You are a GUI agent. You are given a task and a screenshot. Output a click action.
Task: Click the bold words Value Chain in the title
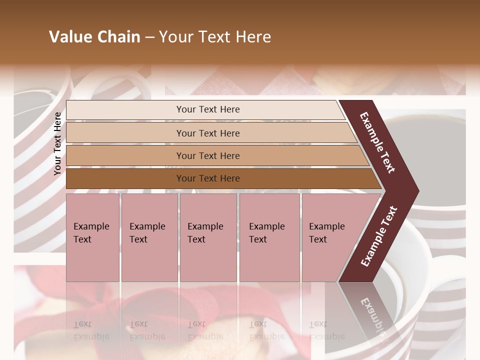point(94,37)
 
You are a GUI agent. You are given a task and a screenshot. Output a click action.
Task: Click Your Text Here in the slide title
point(215,37)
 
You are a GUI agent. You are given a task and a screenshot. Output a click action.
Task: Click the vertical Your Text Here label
point(57,143)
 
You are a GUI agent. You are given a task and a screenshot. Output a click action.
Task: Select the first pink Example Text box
point(92,237)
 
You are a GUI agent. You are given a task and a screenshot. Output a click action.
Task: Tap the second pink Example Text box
point(149,237)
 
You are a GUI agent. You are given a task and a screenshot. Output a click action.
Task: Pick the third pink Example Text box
point(208,237)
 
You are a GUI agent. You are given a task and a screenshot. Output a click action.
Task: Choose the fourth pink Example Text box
point(269,237)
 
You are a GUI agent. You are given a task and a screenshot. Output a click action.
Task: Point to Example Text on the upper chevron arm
point(377,142)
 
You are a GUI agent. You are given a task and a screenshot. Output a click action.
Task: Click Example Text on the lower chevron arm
point(379,236)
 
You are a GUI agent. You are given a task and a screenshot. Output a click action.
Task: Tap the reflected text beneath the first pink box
point(91,330)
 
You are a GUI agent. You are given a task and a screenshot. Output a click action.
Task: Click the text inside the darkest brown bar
point(208,178)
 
